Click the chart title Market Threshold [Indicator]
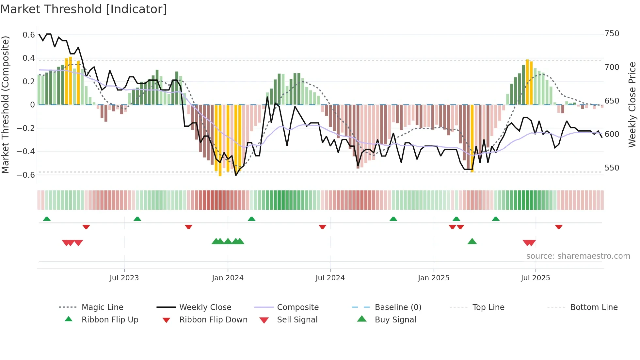click(84, 9)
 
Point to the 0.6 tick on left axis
click(29, 35)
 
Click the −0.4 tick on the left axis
click(26, 152)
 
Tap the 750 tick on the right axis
click(612, 34)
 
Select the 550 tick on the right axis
click(612, 168)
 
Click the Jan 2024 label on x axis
click(228, 278)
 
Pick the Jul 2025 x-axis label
click(535, 278)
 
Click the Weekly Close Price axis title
click(632, 105)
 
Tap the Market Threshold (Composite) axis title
click(5, 105)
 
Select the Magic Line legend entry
click(102, 307)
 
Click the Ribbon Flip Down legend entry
click(213, 320)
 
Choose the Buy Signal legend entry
click(395, 320)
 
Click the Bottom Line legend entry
click(594, 307)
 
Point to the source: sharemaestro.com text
click(578, 256)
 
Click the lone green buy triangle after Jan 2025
click(472, 242)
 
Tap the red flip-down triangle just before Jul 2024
click(323, 227)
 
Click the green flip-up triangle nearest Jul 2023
click(137, 219)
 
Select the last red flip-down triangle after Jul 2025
click(559, 227)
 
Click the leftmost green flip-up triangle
click(47, 219)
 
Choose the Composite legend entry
click(297, 307)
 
